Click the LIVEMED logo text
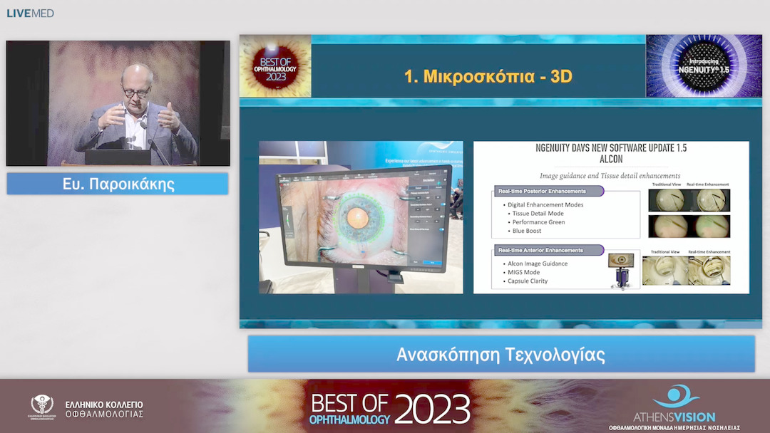click(x=30, y=14)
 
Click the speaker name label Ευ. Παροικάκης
click(x=118, y=184)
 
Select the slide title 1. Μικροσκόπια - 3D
click(x=488, y=76)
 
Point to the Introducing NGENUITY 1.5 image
click(x=694, y=66)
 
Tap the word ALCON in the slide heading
click(x=611, y=160)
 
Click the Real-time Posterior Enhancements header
click(x=543, y=191)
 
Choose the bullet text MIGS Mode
click(x=528, y=272)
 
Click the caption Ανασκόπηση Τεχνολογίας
click(x=500, y=355)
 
